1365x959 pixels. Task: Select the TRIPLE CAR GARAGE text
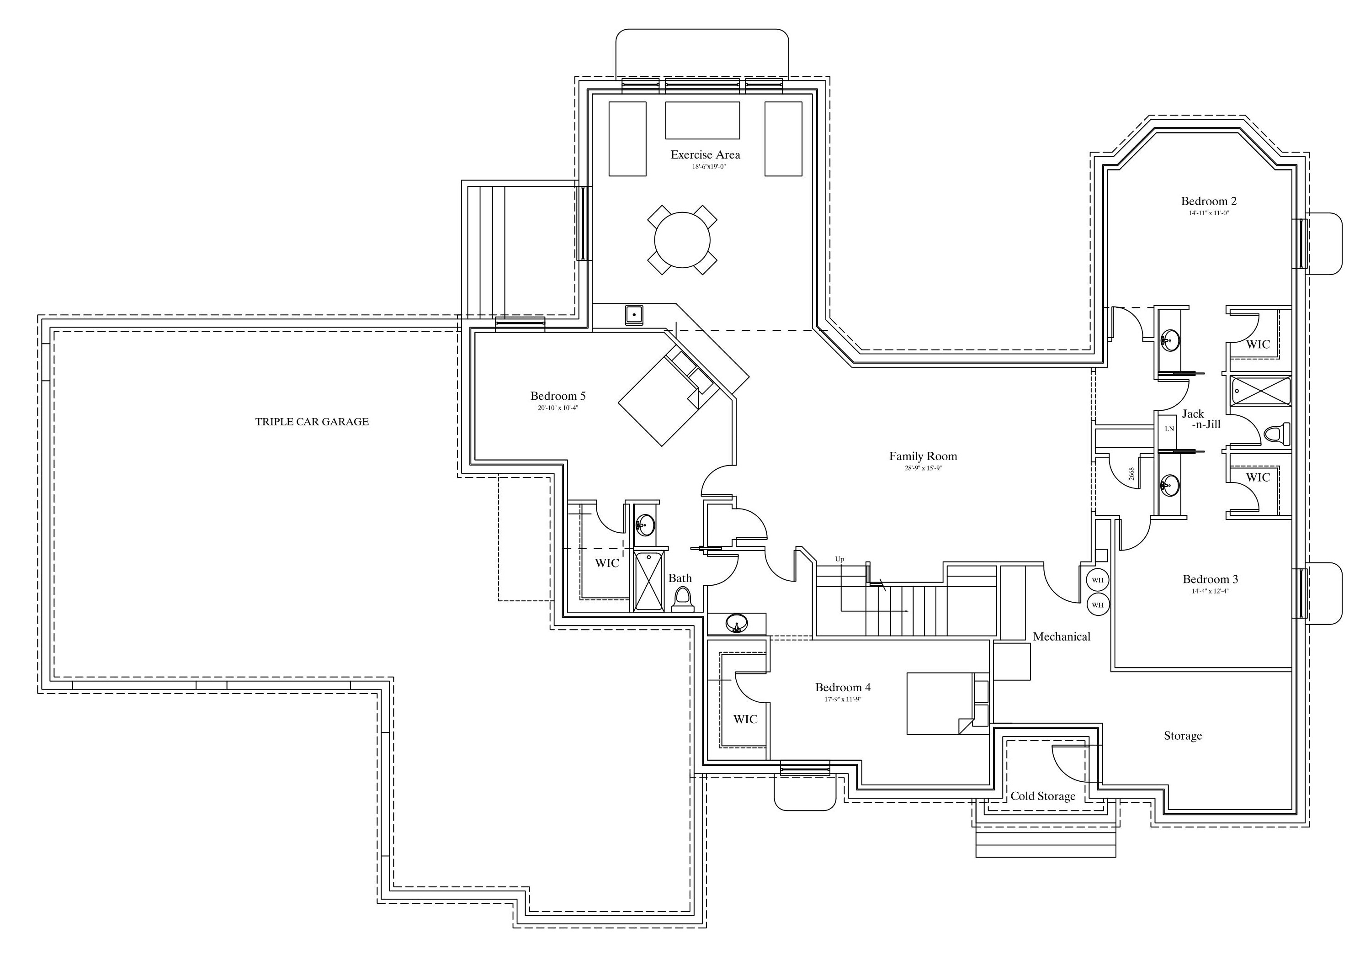pos(312,422)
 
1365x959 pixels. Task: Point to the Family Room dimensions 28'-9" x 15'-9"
pos(923,468)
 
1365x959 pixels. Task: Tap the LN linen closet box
pos(1169,429)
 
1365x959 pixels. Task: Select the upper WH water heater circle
pos(1098,580)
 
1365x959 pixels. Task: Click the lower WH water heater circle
pos(1098,604)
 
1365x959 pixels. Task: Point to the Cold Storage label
pos(1043,796)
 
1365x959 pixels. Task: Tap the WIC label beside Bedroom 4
pos(745,720)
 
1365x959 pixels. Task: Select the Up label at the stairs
pos(839,560)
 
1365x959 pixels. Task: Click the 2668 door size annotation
pos(1131,473)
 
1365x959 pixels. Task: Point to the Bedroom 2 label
pos(1209,201)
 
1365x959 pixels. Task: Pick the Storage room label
pos(1183,736)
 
